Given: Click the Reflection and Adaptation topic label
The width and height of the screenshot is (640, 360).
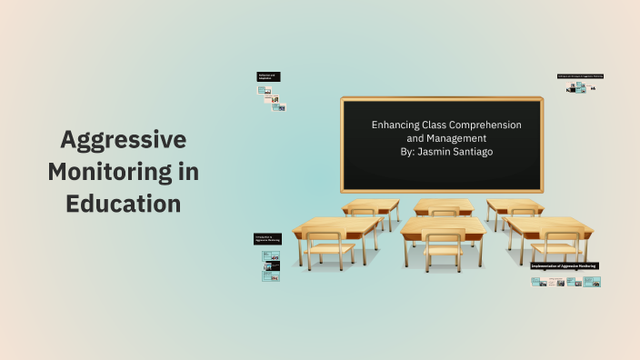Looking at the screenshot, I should (268, 77).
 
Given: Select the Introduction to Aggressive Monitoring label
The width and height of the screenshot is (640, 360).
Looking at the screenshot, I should (267, 239).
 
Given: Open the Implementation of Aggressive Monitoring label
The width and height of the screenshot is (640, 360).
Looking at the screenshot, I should (565, 265).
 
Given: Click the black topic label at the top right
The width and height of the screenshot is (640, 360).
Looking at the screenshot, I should (580, 76).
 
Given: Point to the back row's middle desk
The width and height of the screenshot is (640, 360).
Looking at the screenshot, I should (443, 205).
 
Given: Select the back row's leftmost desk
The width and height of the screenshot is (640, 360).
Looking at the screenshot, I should (372, 205).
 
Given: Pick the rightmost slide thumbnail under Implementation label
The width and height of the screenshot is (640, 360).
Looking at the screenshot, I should (593, 282).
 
